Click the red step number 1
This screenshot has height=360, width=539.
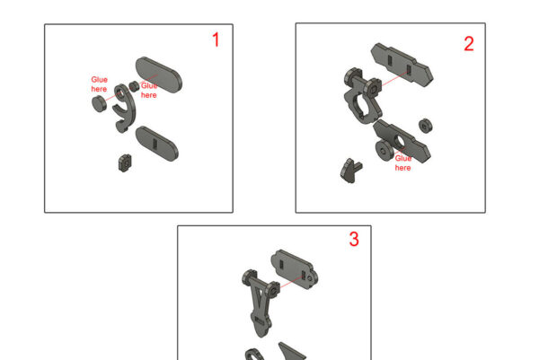click(216, 40)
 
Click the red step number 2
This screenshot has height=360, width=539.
click(469, 44)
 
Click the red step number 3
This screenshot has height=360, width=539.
click(354, 239)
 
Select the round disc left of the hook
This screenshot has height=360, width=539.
click(98, 104)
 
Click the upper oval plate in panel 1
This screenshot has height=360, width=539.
click(159, 75)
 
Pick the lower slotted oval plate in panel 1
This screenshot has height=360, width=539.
click(157, 144)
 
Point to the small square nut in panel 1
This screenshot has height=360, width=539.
click(125, 162)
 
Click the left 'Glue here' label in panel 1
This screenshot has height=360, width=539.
click(99, 84)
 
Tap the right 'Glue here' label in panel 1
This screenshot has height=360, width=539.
click(149, 91)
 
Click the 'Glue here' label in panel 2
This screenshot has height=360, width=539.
click(402, 162)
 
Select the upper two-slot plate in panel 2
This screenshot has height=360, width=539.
click(402, 65)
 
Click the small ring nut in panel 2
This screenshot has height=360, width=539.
click(426, 126)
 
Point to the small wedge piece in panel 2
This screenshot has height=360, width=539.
click(350, 171)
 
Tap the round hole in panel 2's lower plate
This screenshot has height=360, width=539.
click(400, 141)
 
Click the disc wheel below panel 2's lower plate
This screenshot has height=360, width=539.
click(384, 150)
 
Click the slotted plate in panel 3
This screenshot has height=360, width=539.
click(295, 269)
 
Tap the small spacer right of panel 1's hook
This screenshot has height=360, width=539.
click(134, 86)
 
